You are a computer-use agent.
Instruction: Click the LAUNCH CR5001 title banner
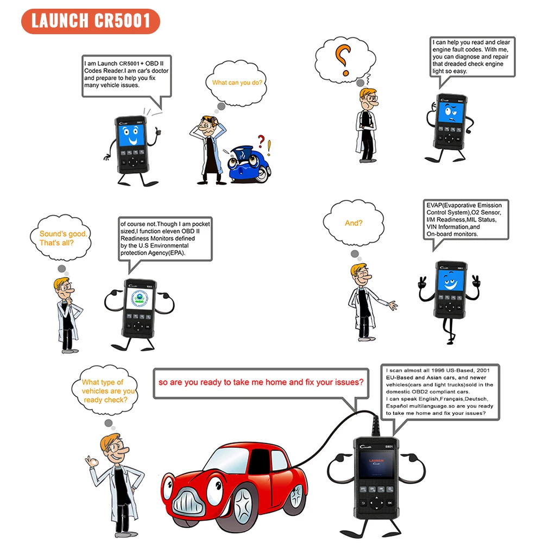coord(91,21)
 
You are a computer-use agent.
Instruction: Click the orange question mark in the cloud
coord(343,60)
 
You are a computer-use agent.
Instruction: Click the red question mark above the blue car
coord(261,141)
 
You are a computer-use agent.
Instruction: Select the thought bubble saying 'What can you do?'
coord(237,83)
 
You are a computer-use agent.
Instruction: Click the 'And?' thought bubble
coord(353,223)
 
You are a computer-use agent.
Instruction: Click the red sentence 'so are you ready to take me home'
coord(261,382)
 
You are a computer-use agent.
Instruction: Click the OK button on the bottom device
coord(390,503)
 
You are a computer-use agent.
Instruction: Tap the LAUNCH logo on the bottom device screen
coord(376,461)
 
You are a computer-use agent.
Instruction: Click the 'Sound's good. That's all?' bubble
coord(61,238)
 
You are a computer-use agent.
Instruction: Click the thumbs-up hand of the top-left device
coord(158,131)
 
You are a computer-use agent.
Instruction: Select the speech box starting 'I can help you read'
coord(472,57)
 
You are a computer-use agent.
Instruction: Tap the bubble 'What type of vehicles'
coord(105,390)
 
